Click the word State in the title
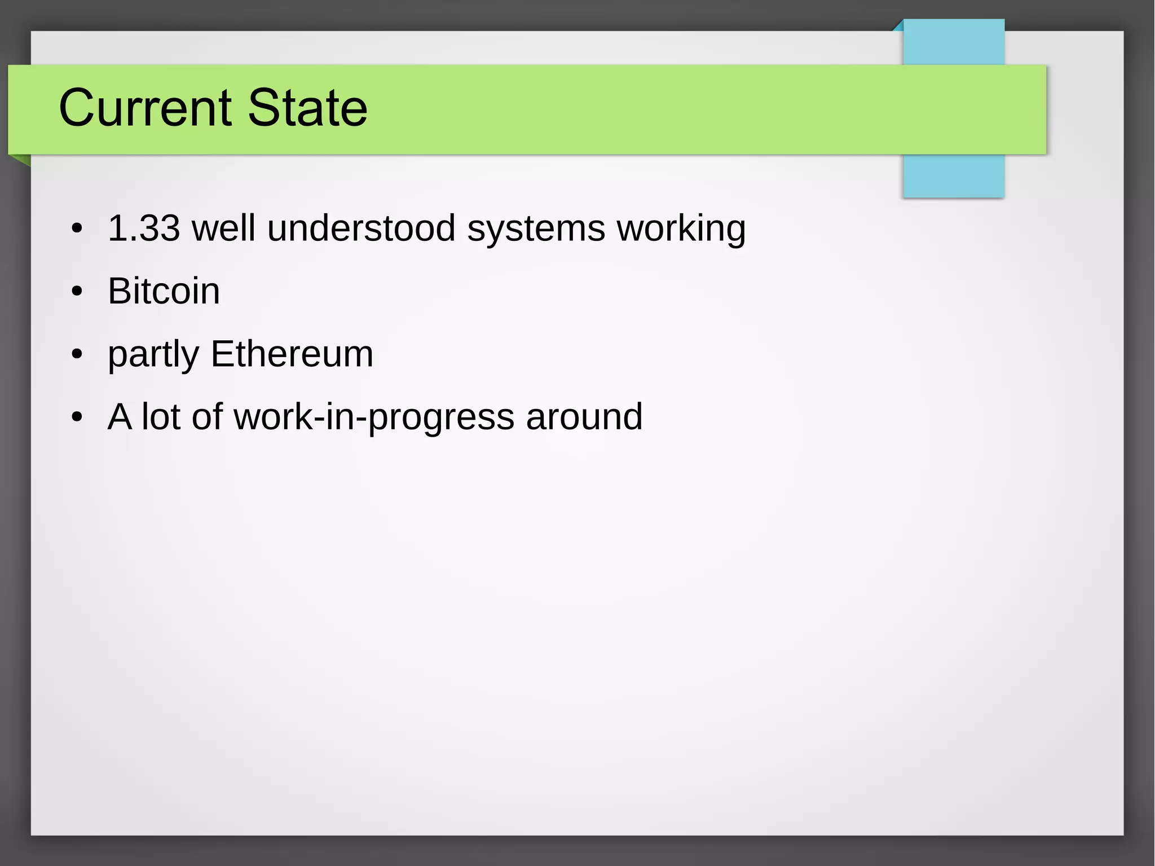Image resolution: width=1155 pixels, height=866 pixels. tap(307, 108)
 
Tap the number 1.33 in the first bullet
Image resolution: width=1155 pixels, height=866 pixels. tap(144, 228)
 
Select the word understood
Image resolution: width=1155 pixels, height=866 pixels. tap(361, 228)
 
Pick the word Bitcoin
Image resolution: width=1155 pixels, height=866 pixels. tap(164, 291)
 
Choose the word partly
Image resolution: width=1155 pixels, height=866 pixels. tap(153, 355)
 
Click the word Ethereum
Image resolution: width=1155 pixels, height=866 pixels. tap(292, 354)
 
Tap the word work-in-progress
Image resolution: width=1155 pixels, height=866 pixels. tap(374, 417)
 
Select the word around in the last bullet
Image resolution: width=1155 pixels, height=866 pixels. tap(584, 417)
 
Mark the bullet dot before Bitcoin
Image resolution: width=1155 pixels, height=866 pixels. tap(77, 292)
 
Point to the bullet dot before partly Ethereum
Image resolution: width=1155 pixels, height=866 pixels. tap(77, 355)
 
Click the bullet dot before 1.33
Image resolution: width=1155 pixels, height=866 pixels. tap(77, 229)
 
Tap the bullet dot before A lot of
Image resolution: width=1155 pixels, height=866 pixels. tap(77, 418)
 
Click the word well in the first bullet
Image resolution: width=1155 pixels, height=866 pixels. tap(223, 228)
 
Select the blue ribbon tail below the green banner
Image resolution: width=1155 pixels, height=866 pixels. tap(953, 176)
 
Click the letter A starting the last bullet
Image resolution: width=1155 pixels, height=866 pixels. tap(120, 417)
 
